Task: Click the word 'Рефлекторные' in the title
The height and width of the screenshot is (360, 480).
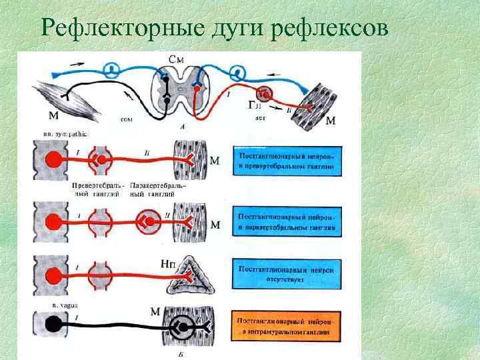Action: click(x=103, y=29)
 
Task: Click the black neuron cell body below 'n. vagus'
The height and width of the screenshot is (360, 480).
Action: click(x=50, y=327)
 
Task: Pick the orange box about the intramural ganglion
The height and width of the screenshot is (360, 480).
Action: click(x=285, y=327)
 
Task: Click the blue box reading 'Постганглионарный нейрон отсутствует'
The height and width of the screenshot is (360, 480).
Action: click(x=285, y=274)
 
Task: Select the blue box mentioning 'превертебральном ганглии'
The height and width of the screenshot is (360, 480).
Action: click(x=285, y=160)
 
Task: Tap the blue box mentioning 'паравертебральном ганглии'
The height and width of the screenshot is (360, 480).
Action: click(x=285, y=221)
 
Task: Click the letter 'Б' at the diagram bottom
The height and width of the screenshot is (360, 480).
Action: click(x=181, y=354)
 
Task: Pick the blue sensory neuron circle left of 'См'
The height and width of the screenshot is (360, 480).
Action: click(x=115, y=68)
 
